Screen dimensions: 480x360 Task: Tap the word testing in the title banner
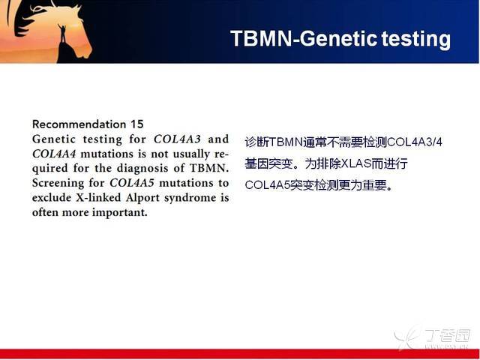coord(416,39)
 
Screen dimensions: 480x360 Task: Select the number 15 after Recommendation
coord(136,124)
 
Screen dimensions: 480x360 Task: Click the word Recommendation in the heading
coord(79,124)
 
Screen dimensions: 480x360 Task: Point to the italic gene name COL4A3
coord(177,139)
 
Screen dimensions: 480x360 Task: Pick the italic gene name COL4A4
coord(54,154)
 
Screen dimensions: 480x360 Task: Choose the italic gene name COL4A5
coord(132,183)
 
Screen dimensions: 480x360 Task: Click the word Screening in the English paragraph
coord(58,184)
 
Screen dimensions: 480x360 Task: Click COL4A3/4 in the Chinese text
coord(415,142)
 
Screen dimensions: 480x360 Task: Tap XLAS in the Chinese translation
coord(355,164)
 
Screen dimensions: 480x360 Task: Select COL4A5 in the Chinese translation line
coord(267,185)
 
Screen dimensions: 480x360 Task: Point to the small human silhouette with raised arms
coord(62,33)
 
